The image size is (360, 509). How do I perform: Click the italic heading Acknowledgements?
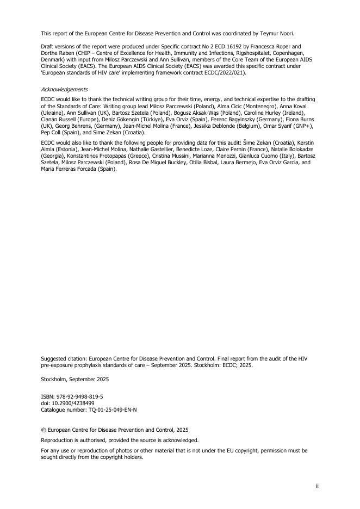click(x=64, y=89)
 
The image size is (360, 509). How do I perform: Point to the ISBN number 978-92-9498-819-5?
click(x=79, y=398)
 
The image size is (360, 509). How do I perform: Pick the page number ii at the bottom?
click(x=317, y=486)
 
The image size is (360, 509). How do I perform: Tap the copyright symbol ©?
click(x=44, y=430)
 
